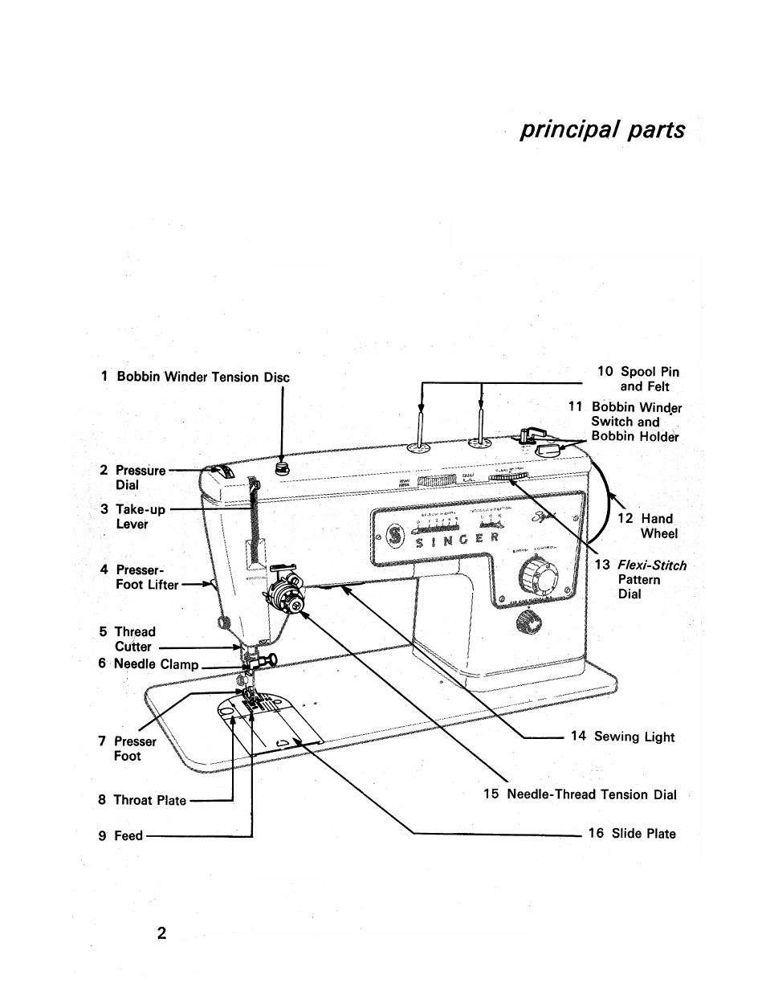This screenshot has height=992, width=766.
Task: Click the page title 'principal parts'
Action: pos(602,130)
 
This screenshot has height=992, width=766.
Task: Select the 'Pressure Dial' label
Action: pos(132,477)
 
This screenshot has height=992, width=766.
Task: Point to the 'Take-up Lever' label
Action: pos(132,516)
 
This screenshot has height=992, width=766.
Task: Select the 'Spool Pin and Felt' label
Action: pos(638,378)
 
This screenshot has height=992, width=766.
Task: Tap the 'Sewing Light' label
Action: pos(623,737)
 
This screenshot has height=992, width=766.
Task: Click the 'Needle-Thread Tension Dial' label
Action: pos(580,794)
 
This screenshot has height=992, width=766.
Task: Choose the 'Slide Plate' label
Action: pos(632,833)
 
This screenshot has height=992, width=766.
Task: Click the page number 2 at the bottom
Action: pos(161,933)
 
